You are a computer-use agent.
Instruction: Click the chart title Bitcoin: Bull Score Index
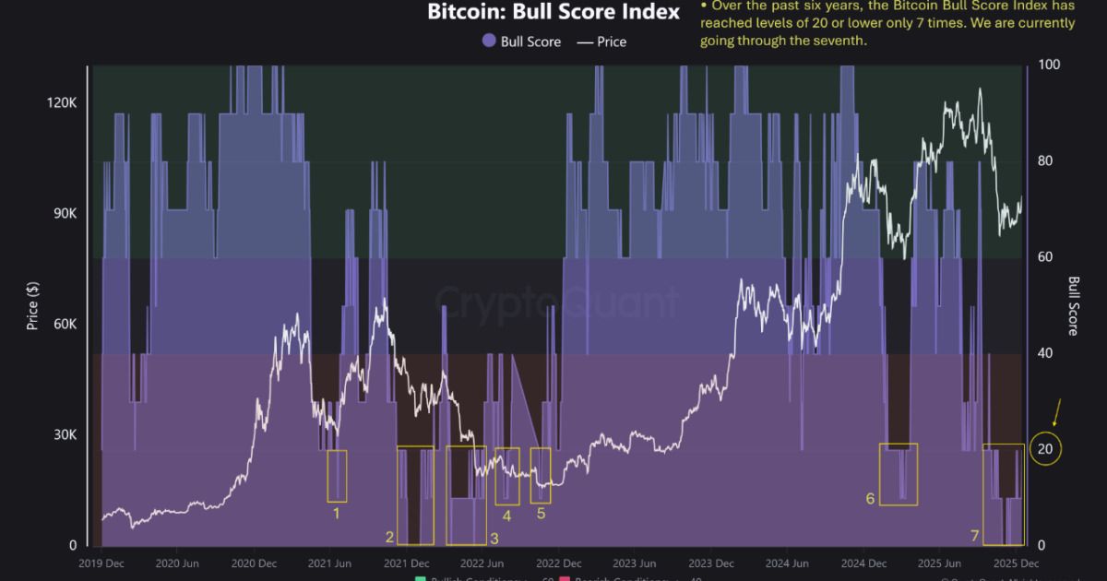tap(553, 12)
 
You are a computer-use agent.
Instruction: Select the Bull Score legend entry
tap(521, 41)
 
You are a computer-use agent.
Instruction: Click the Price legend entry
tap(601, 41)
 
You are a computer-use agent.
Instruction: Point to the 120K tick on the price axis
tap(62, 103)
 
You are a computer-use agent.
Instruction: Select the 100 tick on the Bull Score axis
tap(1050, 65)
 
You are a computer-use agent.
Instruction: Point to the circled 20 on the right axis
tap(1046, 449)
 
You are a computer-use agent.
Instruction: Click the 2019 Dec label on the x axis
tap(102, 563)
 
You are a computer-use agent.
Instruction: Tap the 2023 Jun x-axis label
tap(636, 563)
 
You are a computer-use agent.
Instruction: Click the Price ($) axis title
tap(33, 304)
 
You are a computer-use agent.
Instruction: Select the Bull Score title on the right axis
tap(1074, 306)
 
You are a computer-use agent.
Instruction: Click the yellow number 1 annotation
tap(337, 513)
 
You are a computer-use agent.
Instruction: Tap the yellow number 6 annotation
tap(870, 499)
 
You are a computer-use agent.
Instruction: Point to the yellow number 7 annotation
tap(974, 536)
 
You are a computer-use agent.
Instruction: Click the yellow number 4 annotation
tap(507, 516)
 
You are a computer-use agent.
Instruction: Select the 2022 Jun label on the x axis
tap(482, 563)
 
